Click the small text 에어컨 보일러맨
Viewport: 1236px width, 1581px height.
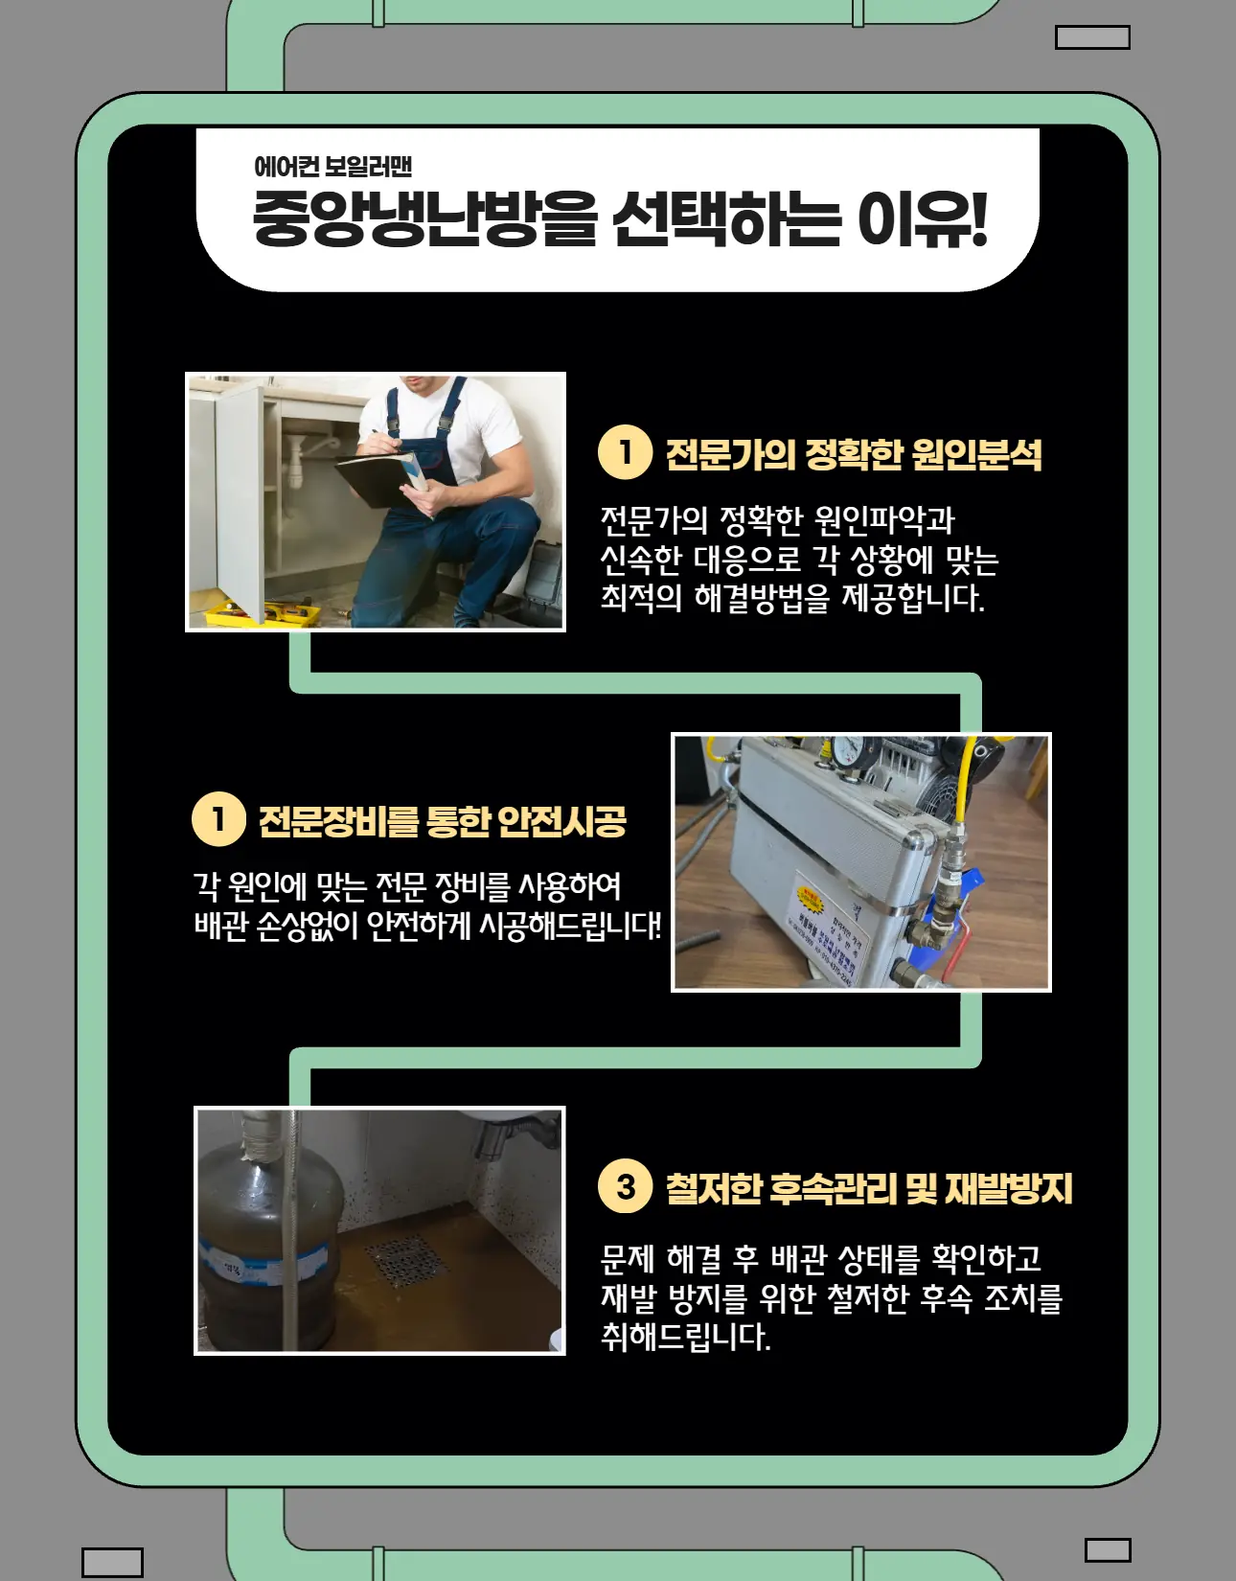(x=332, y=167)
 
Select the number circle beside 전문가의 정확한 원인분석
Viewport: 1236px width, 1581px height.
(x=625, y=451)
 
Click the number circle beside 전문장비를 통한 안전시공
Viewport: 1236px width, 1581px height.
(x=218, y=819)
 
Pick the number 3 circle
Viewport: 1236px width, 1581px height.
(x=625, y=1186)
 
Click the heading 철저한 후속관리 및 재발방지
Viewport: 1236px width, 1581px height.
(x=868, y=1189)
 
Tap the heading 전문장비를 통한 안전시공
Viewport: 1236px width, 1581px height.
(x=442, y=821)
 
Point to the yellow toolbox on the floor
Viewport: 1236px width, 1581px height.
(x=254, y=613)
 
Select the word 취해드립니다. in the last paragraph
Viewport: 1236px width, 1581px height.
(x=685, y=1336)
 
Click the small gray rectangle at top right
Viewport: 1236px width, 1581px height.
(x=1092, y=37)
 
